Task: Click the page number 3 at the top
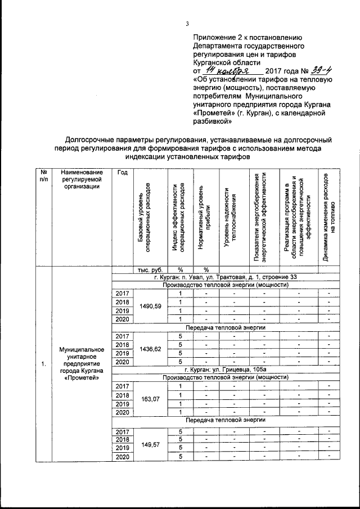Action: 187,23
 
